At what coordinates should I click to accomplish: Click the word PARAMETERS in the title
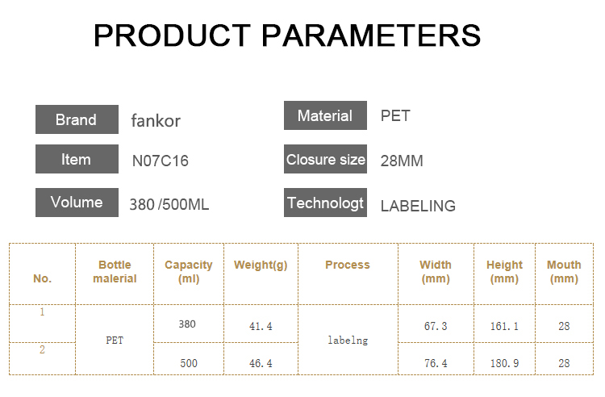pos(371,36)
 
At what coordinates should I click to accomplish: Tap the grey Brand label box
pos(77,119)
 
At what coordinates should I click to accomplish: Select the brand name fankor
pos(156,121)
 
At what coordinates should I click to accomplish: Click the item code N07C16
pos(161,161)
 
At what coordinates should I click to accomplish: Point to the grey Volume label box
pos(77,203)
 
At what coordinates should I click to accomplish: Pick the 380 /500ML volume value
pos(169,204)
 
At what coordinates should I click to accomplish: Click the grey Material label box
pos(325,115)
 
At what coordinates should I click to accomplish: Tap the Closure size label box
pos(325,159)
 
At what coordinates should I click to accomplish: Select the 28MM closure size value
pos(402,161)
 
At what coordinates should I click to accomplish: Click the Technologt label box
pos(325,203)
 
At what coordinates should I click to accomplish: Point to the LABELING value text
pos(418,206)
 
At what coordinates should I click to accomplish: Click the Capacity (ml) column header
pos(189,272)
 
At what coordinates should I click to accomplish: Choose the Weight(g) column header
pos(261,265)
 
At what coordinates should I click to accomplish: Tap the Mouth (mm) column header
pos(564,272)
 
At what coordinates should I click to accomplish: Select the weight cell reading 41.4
pos(261,327)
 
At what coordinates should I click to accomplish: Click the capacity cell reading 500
pos(189,363)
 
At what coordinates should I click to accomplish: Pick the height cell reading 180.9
pos(504,363)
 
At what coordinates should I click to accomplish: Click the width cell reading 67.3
pos(436,327)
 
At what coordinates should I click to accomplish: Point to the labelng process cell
pos(348,341)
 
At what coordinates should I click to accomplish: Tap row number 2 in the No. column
pos(42,350)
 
